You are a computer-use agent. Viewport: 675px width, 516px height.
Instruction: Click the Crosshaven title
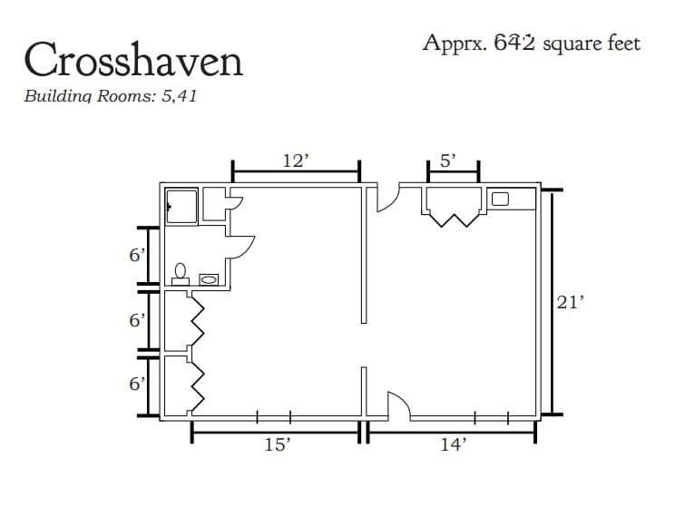tap(133, 59)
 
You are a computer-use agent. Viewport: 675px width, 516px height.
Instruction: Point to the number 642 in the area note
tap(514, 43)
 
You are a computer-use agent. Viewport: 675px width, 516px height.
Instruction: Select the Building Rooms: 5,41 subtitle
tap(110, 96)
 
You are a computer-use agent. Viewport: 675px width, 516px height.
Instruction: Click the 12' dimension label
tap(296, 161)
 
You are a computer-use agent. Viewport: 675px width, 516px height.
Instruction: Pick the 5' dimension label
tap(447, 161)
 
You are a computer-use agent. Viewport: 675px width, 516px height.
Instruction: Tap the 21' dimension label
tap(570, 302)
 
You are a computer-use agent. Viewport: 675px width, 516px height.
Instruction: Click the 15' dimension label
tap(278, 444)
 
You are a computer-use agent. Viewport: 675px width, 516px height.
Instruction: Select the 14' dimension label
tap(454, 444)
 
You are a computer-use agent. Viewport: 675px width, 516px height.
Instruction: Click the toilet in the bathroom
tap(181, 275)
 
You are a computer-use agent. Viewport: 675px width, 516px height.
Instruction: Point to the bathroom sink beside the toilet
tap(209, 279)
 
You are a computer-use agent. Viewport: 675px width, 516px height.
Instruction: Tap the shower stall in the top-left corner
tap(181, 206)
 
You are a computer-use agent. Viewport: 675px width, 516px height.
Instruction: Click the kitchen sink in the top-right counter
tap(500, 199)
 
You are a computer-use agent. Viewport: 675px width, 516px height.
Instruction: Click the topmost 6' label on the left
tap(137, 256)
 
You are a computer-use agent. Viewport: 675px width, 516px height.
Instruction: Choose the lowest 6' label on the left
tap(137, 384)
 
